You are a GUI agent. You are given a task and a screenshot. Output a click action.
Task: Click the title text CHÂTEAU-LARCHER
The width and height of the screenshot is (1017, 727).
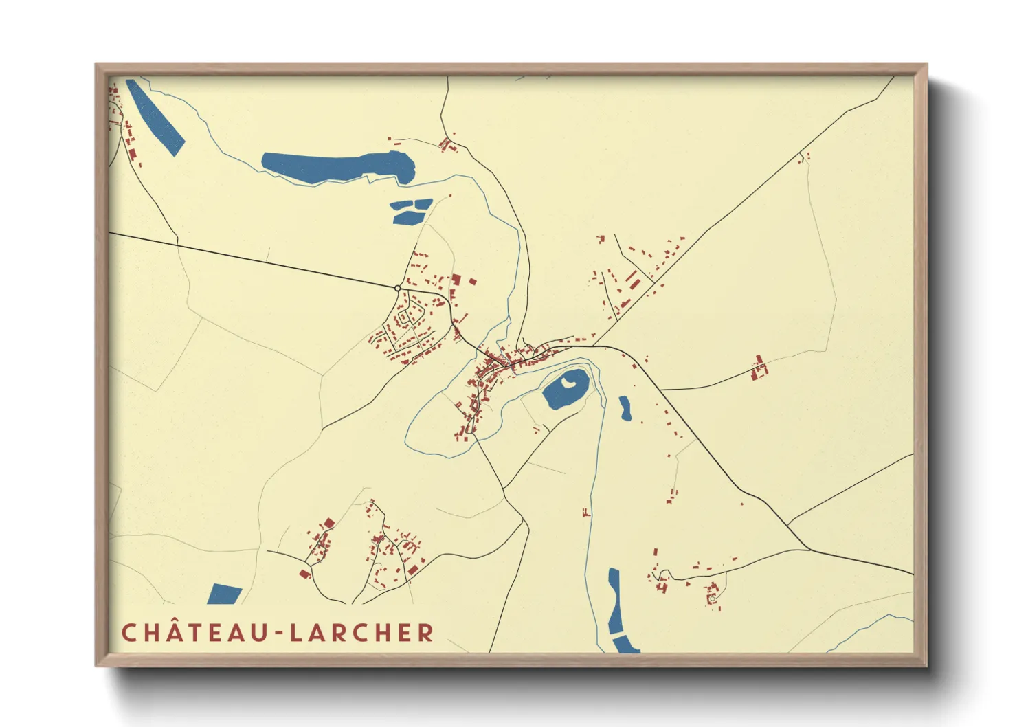pos(278,633)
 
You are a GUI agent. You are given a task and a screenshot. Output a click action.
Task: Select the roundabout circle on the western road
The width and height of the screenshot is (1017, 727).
pos(398,288)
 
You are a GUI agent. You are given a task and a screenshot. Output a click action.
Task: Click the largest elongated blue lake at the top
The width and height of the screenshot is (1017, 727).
pos(338,167)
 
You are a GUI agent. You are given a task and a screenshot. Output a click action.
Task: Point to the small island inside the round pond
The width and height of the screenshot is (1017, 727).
pos(568,382)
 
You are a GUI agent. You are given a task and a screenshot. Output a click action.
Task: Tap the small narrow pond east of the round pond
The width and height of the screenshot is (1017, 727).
pos(625,408)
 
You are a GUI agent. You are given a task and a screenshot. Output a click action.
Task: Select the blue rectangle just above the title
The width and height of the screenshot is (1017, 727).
pos(224,594)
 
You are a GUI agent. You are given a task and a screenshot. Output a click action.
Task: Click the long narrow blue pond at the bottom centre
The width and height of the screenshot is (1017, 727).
pos(614,602)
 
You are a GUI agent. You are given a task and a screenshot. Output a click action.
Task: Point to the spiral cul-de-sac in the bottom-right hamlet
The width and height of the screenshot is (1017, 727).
pos(713,599)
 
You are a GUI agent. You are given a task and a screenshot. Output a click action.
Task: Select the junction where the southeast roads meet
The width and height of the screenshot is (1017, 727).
pos(810,549)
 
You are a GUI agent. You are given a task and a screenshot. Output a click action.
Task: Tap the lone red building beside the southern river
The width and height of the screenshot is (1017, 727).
pos(585,512)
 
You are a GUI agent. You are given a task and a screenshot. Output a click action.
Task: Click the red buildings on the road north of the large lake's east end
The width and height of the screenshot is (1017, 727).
pos(447,145)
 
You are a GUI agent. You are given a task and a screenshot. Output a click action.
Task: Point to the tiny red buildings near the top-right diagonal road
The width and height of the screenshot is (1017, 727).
pos(804,157)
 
